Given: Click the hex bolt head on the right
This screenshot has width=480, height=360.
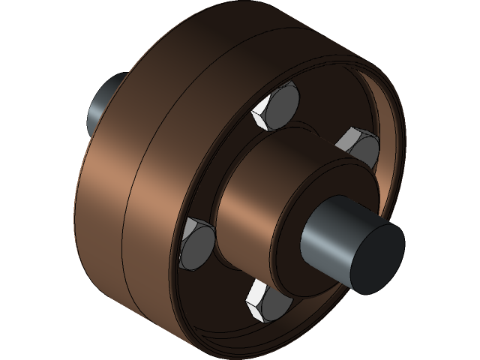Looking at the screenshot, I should [x=358, y=145].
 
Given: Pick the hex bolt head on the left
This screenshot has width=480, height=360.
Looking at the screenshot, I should [x=197, y=243].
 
